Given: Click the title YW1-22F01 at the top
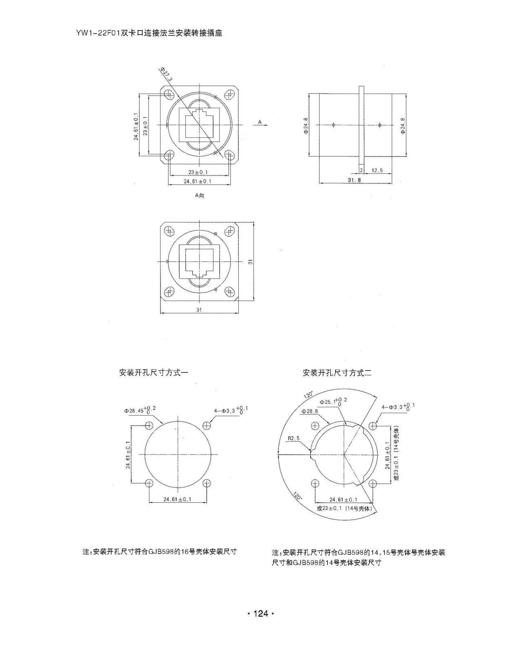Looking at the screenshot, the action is [x=98, y=33].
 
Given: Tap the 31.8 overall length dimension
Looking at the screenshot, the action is [x=355, y=180].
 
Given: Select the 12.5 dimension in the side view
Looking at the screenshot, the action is [x=377, y=170].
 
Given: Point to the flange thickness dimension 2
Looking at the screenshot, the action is [x=362, y=170].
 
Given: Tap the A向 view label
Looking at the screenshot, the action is [x=200, y=196].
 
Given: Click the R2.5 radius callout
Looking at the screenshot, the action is [x=293, y=438].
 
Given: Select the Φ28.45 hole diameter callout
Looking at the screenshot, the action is [x=140, y=410].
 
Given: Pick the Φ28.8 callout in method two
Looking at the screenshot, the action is [x=310, y=412].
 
